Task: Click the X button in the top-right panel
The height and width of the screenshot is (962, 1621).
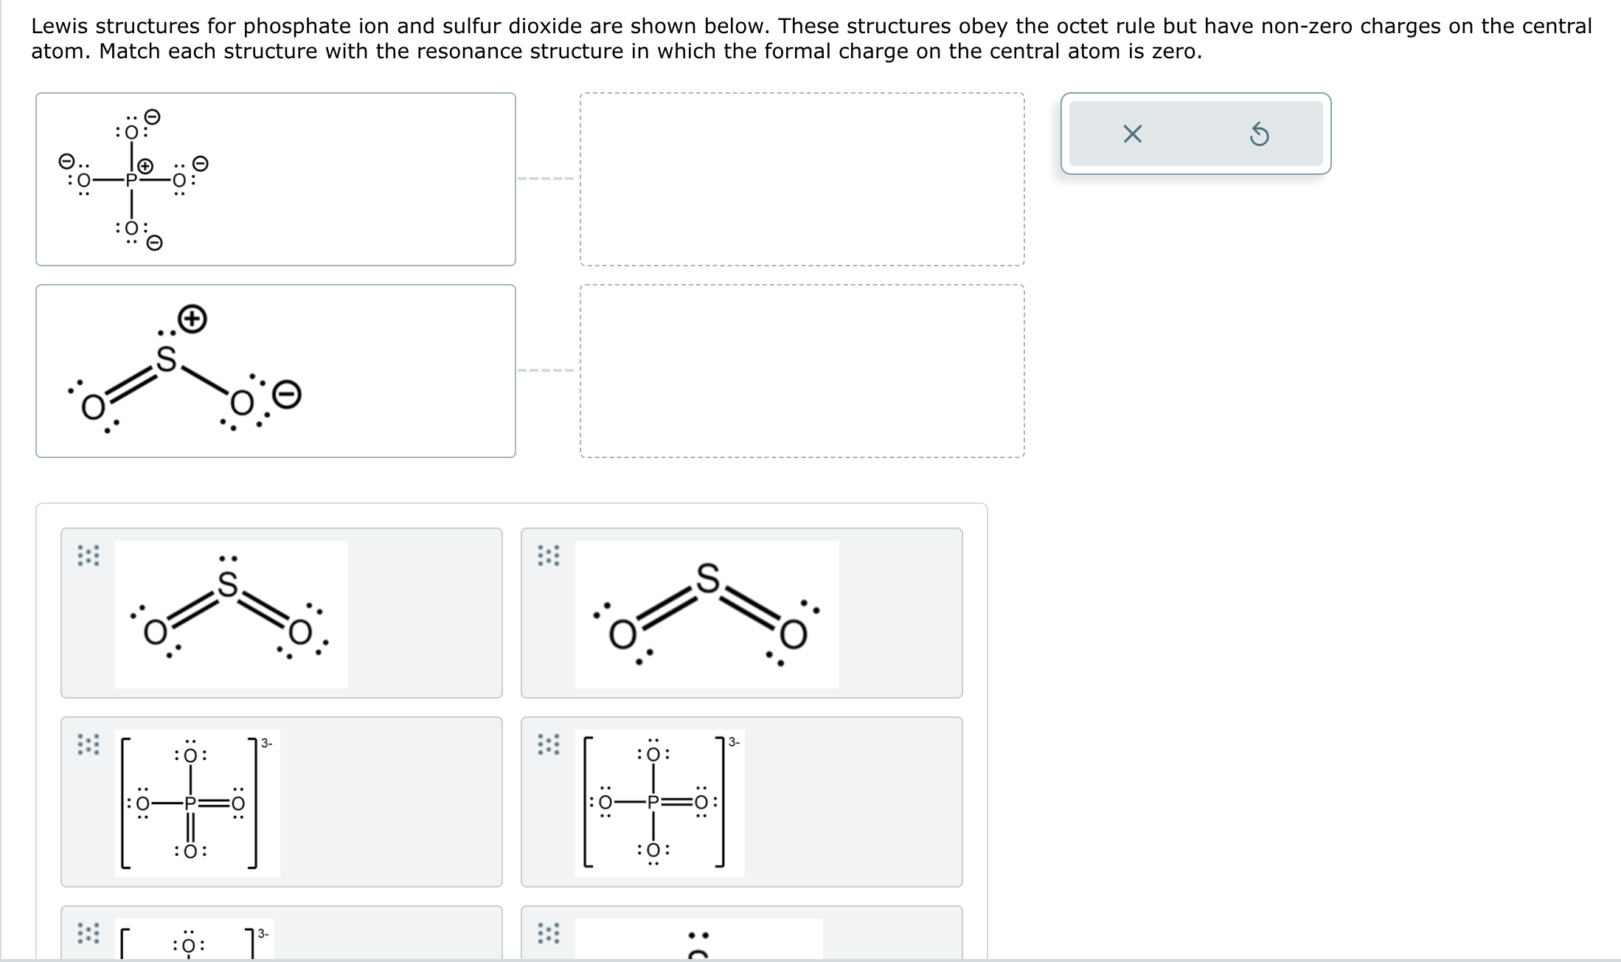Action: (1132, 134)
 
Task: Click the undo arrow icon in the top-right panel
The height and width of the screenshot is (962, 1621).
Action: (1260, 135)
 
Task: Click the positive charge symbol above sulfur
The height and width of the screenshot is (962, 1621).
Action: (192, 319)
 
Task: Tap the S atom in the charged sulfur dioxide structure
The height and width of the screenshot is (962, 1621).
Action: (167, 359)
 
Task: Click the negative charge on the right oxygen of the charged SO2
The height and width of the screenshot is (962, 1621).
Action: (288, 395)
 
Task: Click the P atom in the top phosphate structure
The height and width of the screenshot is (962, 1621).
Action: (131, 179)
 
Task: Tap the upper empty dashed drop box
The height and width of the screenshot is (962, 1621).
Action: (802, 179)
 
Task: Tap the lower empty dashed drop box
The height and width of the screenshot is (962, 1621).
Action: (802, 371)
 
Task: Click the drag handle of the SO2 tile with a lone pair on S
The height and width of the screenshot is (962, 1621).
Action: (88, 556)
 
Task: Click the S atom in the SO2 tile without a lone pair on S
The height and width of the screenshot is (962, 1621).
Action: (707, 578)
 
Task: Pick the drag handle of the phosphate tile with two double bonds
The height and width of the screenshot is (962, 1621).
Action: (88, 744)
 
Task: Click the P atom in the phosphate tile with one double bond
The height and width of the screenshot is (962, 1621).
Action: (653, 802)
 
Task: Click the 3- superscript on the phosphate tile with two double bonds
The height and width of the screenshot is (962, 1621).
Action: (266, 743)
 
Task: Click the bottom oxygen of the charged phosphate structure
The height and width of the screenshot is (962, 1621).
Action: (131, 227)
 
